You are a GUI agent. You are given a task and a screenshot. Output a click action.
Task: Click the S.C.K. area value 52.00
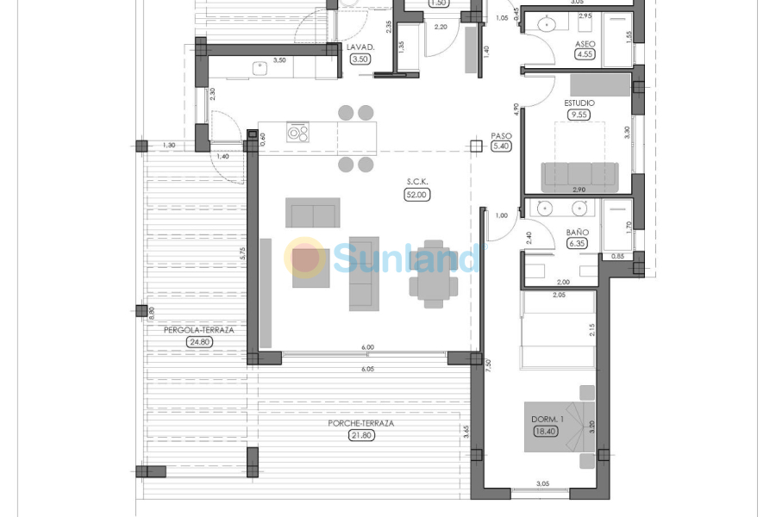417,195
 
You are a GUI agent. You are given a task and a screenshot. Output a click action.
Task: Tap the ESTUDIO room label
579,103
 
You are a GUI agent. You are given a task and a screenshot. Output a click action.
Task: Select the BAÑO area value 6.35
577,244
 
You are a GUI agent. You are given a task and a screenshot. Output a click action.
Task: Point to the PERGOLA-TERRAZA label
198,329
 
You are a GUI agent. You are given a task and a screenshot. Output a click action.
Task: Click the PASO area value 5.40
501,146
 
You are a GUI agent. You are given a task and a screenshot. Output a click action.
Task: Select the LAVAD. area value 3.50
360,59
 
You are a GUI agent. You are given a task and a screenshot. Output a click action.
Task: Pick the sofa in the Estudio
579,176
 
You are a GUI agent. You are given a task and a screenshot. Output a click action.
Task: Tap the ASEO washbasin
545,24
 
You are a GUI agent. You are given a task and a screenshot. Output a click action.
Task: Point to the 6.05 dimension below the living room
368,368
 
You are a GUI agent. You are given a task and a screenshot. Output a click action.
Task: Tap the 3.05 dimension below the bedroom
543,484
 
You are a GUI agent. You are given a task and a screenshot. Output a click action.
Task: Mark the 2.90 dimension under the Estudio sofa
579,189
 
